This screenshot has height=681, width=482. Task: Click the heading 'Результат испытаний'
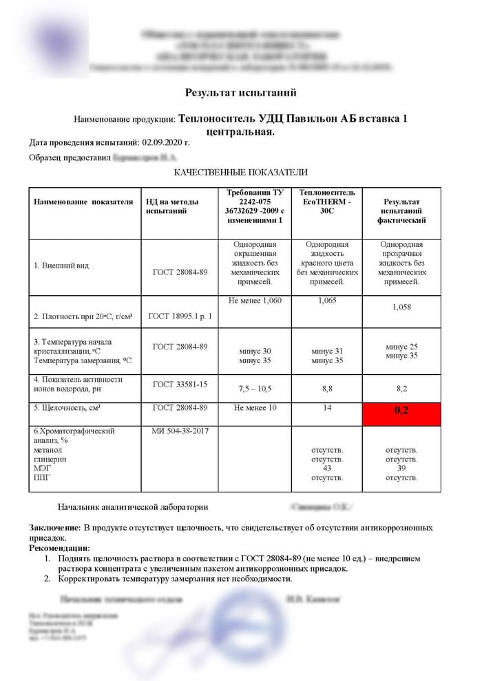(240, 92)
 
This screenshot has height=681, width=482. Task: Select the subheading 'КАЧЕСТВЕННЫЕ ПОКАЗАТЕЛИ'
(240, 172)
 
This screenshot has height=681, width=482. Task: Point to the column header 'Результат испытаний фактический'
(401, 210)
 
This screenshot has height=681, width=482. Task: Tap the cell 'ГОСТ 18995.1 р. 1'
(179, 316)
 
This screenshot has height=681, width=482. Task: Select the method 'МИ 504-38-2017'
(179, 431)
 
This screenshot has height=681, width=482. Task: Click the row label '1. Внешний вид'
(61, 266)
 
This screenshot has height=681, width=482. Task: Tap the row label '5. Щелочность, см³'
(67, 408)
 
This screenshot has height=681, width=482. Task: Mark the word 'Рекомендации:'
(59, 548)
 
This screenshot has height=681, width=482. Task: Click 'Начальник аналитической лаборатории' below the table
(133, 507)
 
